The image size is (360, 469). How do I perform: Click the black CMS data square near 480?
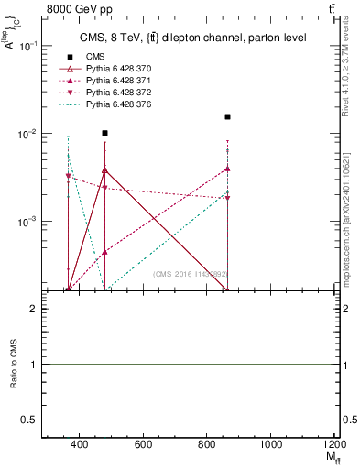[105, 133]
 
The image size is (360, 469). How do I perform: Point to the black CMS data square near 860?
[227, 116]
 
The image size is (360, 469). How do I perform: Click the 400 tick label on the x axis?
[79, 444]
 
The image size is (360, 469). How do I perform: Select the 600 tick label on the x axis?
[143, 444]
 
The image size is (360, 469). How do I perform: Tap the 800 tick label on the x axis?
[207, 444]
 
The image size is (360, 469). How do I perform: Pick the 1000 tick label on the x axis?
[270, 444]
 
